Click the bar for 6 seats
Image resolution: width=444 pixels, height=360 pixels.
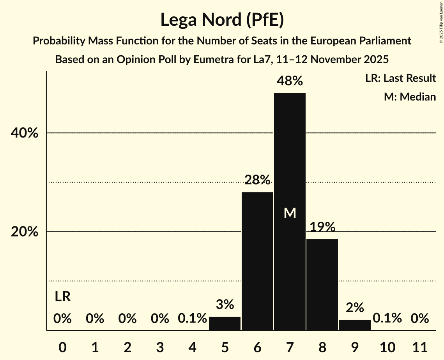(x=257, y=261)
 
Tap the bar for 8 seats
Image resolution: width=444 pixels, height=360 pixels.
(x=322, y=284)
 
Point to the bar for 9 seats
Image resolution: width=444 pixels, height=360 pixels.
(x=355, y=325)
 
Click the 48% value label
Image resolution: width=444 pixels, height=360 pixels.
(x=290, y=81)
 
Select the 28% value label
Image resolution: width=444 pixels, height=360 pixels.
(x=257, y=180)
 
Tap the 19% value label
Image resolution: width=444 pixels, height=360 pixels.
(x=322, y=227)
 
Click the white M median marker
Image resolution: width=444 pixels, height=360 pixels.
(x=290, y=213)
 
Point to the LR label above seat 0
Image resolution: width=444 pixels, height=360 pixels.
(x=62, y=297)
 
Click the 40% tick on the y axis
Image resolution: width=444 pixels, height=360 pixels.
(x=25, y=133)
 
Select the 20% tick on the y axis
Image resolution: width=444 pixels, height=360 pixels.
(x=25, y=232)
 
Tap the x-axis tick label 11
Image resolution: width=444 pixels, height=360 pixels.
(x=420, y=346)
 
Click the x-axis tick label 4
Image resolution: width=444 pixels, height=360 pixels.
(x=192, y=346)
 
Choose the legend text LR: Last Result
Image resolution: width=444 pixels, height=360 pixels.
(x=400, y=78)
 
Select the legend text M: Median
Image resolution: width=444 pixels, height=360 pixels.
(x=410, y=97)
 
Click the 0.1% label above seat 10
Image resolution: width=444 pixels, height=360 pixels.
(x=387, y=318)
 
